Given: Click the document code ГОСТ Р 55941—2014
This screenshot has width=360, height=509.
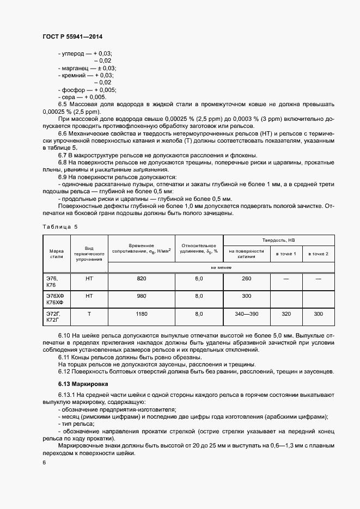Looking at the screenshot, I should point(72,37).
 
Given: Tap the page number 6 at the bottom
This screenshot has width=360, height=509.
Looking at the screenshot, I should point(44,462).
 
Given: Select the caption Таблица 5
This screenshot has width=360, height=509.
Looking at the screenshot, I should point(60,226).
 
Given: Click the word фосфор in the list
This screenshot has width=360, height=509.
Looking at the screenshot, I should point(72,90).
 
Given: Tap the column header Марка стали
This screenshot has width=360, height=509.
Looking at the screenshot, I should point(57,253).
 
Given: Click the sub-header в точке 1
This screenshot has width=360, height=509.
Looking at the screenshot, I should point(286,254).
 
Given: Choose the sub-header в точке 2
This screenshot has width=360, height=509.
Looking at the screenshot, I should point(319,254).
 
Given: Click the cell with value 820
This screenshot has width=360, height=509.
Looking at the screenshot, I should point(142,279).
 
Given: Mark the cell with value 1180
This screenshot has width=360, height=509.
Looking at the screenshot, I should point(142,314).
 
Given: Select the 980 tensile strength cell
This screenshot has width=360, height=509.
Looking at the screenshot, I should point(142,296).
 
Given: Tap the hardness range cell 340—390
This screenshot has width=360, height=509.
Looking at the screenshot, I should point(246,314).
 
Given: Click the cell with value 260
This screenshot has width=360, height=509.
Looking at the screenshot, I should point(246,279).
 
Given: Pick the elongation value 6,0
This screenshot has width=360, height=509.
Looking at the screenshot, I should point(199,279).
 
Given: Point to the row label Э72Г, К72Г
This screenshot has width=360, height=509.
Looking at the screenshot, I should point(54,317).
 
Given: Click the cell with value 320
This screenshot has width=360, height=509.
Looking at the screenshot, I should point(286,314).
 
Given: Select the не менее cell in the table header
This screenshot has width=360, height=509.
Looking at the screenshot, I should point(221,267).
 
